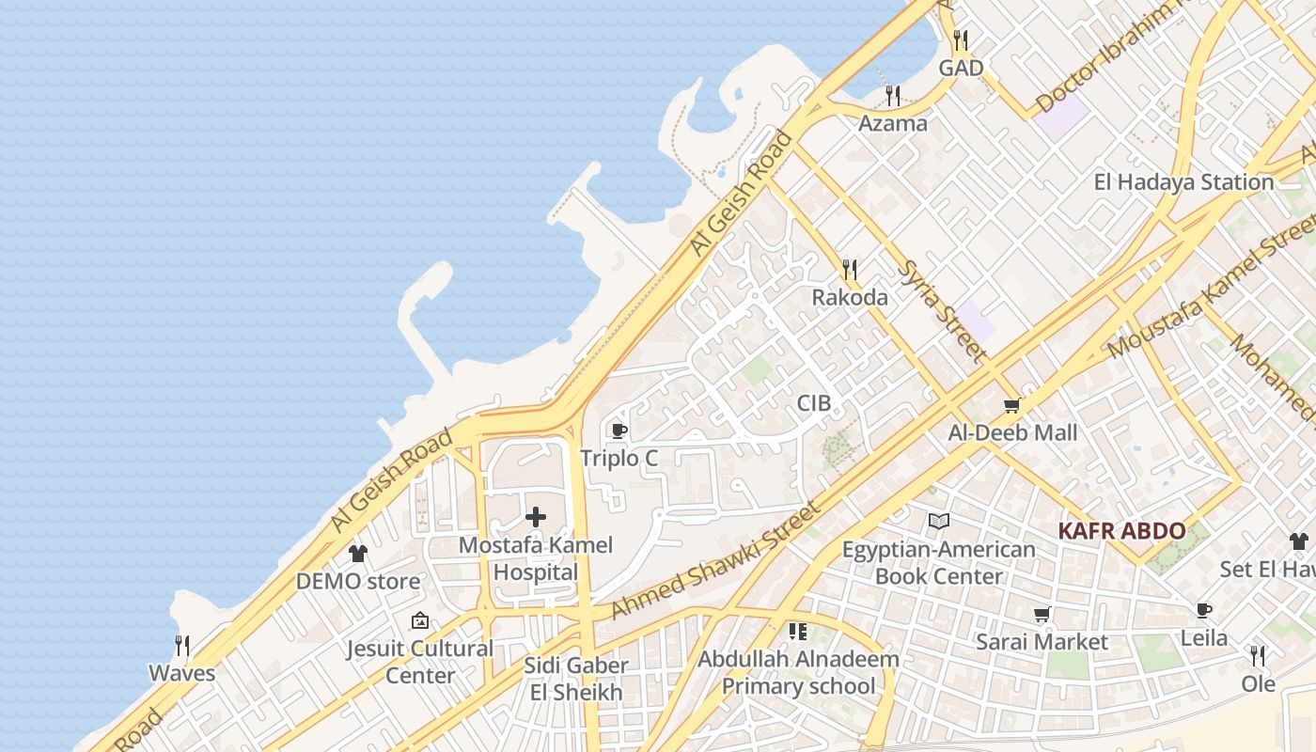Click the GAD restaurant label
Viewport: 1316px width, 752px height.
click(961, 68)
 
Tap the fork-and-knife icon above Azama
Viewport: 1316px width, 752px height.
click(893, 96)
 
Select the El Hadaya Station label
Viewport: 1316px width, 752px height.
click(1183, 181)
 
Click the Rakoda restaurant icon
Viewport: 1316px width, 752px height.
click(850, 271)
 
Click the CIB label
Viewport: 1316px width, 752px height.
click(814, 403)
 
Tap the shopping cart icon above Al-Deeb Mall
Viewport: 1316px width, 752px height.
click(1011, 406)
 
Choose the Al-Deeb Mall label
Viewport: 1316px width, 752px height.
click(1012, 433)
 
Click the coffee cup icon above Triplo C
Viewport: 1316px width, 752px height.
click(619, 431)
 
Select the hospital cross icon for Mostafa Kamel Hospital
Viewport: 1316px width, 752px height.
click(536, 517)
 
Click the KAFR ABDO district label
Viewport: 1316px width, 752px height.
click(1121, 531)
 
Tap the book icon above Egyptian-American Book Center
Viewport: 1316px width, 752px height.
click(938, 522)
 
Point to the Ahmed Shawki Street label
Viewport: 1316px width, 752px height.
click(715, 561)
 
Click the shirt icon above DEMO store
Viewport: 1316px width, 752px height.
click(357, 554)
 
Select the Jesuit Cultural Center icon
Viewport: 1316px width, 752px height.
click(420, 620)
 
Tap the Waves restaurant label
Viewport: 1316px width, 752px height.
click(182, 673)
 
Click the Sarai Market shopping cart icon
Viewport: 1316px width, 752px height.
click(1042, 615)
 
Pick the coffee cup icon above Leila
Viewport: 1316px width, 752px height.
click(1204, 611)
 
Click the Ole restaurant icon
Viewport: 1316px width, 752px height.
click(1258, 655)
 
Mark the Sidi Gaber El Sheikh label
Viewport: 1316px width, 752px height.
click(576, 680)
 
